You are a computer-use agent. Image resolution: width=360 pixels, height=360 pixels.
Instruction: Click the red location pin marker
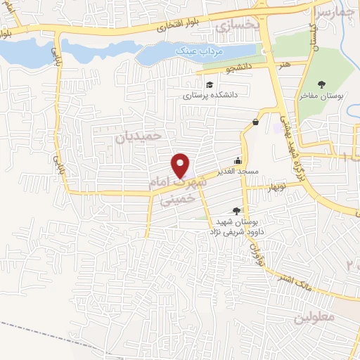pos(181,166)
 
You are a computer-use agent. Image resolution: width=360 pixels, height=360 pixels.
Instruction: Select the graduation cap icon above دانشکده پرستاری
pos(210,86)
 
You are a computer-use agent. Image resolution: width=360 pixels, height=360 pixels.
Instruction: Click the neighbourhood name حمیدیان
pos(139,136)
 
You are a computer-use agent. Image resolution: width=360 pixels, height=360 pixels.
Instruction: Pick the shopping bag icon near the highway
pos(255,122)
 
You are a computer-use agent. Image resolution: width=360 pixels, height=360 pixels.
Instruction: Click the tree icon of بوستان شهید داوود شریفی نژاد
pos(236,210)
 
